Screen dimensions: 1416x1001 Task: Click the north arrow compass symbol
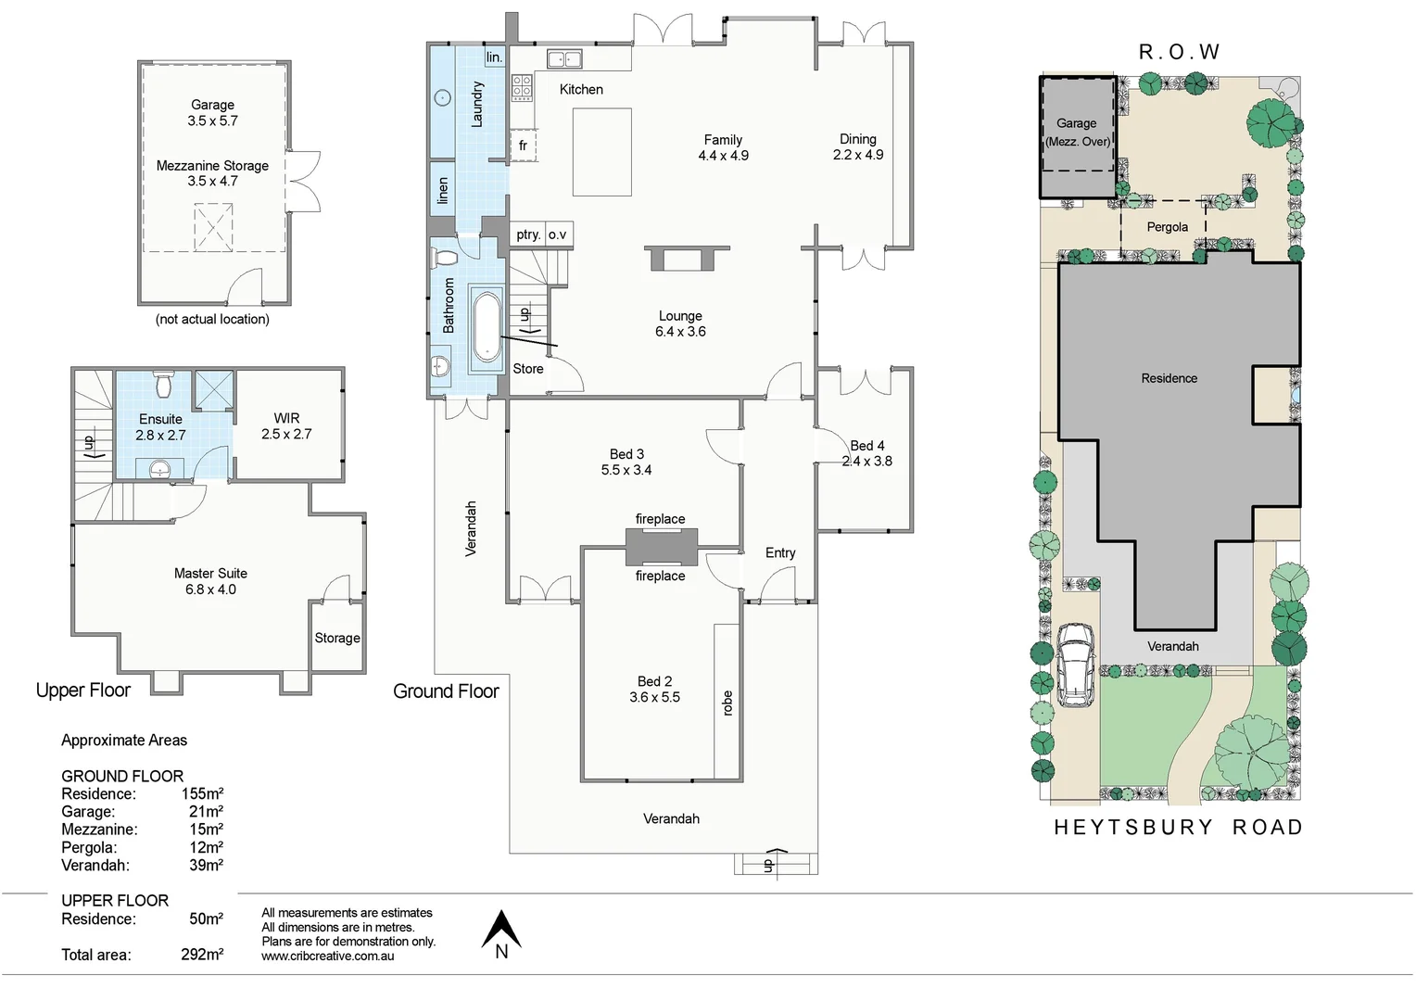[x=501, y=931]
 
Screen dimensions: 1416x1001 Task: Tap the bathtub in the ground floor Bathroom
[x=487, y=329]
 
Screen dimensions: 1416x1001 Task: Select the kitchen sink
[x=564, y=58]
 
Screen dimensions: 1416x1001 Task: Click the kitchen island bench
[x=601, y=152]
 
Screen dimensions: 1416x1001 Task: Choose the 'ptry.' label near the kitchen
[x=528, y=234]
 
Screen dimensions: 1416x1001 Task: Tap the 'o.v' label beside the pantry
[x=557, y=234]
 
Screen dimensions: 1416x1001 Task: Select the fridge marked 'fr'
[x=523, y=146]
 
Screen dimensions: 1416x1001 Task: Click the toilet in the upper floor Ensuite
[x=164, y=384]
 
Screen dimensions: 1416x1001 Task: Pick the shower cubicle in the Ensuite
[x=213, y=389]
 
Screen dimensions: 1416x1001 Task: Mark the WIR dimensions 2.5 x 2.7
[x=286, y=434]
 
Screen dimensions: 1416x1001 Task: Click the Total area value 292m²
[x=202, y=955]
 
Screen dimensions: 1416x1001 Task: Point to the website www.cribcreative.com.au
[x=327, y=956]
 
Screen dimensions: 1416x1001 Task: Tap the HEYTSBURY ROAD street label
[x=1179, y=827]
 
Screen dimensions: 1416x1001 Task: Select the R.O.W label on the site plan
[x=1179, y=52]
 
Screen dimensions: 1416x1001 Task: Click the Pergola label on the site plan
[x=1167, y=227]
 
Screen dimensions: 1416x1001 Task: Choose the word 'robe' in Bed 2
[x=727, y=703]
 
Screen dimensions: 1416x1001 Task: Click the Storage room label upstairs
[x=337, y=638]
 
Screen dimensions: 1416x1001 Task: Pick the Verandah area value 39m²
[x=206, y=865]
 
